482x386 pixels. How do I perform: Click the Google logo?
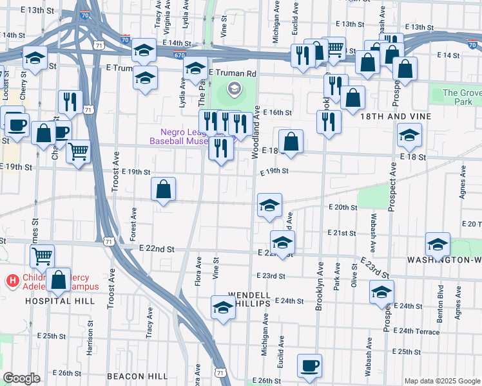tap(21, 378)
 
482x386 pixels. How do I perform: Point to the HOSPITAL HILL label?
tap(55, 300)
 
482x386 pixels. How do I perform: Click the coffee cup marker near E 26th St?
tap(309, 365)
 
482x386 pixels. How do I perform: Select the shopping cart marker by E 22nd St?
tap(42, 256)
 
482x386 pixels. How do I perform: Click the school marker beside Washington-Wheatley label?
tap(438, 244)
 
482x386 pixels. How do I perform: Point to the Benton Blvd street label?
tap(441, 299)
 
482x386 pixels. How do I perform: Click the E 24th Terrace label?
tap(420, 332)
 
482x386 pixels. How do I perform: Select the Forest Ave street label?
tap(134, 225)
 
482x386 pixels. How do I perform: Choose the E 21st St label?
tap(342, 232)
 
